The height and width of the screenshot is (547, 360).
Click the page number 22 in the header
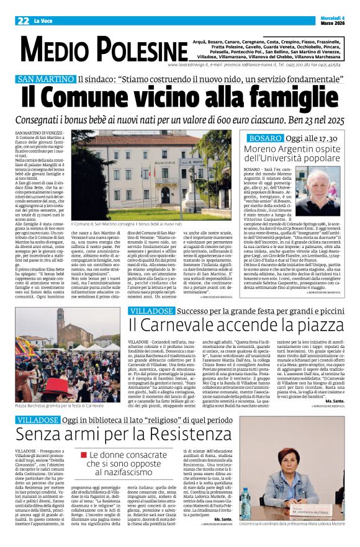click(23, 20)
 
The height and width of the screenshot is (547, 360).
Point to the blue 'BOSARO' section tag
click(266, 138)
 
